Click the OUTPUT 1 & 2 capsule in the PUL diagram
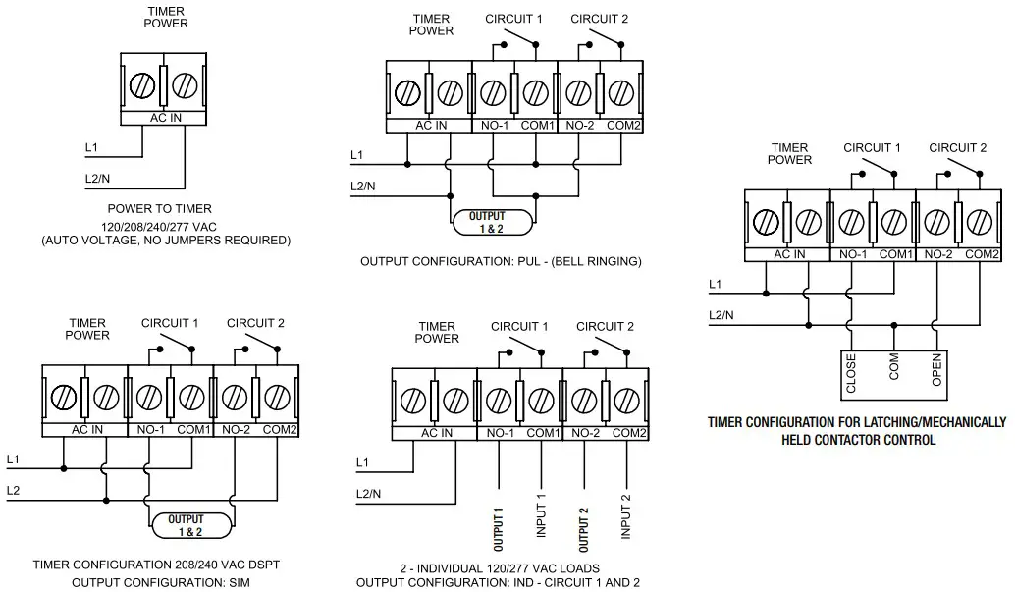pos(493,222)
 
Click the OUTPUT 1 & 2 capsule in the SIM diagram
pos(191,524)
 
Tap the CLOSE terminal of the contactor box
pos(850,374)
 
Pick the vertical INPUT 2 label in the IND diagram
pos(625,516)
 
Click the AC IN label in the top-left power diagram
pos(163,119)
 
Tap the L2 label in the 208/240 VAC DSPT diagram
pos(13,489)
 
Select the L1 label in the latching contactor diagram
pos(716,285)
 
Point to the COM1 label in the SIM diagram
pos(193,430)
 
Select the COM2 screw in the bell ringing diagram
pos(620,93)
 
